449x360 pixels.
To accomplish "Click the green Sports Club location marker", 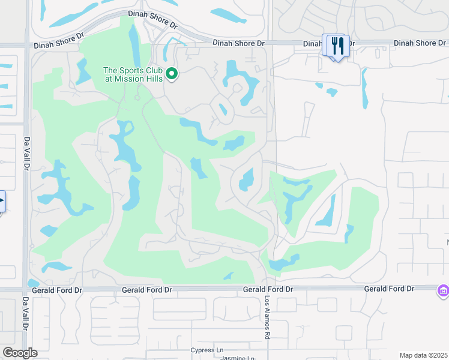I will [x=172, y=74].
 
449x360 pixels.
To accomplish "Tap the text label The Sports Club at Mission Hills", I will [x=133, y=74].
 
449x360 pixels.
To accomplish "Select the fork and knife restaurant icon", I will [x=337, y=45].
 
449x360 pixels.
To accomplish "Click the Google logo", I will [x=20, y=353].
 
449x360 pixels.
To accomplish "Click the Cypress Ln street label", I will [x=206, y=350].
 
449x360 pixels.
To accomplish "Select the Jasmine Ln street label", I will [x=221, y=358].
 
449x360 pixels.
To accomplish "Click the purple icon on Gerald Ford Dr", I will [x=444, y=291].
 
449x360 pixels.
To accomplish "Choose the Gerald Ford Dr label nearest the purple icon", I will [x=389, y=289].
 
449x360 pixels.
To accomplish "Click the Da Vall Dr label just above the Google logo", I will [x=26, y=314].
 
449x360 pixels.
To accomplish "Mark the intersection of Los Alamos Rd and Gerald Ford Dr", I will [x=267, y=289].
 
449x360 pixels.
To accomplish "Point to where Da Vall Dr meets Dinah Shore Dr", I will [x=26, y=44].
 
